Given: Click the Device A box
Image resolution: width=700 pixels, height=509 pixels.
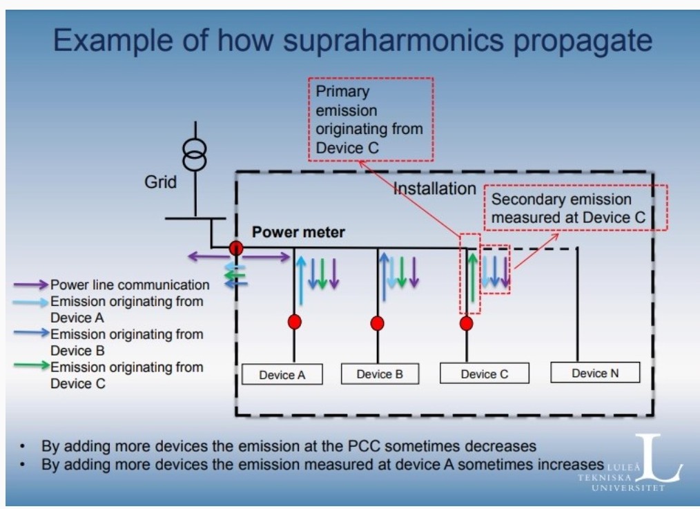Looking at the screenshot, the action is click(x=282, y=374).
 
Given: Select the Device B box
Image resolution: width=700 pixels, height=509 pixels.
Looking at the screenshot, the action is click(x=380, y=374).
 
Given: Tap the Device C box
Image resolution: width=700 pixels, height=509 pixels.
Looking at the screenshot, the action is click(x=485, y=373).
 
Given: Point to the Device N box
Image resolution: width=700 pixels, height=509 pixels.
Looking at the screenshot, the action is click(x=595, y=372).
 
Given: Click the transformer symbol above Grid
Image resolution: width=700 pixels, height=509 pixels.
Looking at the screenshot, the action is click(x=195, y=155).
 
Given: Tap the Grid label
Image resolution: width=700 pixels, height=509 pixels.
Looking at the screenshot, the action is click(x=161, y=182).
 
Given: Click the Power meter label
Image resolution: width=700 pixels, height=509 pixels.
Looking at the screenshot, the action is click(x=298, y=232).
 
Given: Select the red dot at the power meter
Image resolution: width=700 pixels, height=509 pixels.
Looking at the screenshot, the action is click(x=236, y=248).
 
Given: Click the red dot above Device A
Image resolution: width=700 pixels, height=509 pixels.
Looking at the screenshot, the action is click(x=294, y=321).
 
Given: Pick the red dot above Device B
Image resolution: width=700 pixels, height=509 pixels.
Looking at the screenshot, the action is click(x=377, y=323).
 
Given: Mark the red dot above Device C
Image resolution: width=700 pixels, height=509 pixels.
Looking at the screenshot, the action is click(x=467, y=323).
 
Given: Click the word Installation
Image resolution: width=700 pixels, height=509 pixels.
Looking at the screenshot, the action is click(x=435, y=189).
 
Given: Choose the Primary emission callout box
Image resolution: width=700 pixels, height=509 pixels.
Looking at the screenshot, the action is click(x=371, y=119).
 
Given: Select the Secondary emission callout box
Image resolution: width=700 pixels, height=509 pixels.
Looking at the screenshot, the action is click(x=576, y=208).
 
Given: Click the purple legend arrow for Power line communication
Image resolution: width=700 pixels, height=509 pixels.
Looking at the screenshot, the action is click(x=30, y=285).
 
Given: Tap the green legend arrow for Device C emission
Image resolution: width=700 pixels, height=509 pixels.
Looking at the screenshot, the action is click(x=31, y=365).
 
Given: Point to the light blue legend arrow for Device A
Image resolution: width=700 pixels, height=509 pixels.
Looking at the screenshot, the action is click(x=30, y=302).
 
